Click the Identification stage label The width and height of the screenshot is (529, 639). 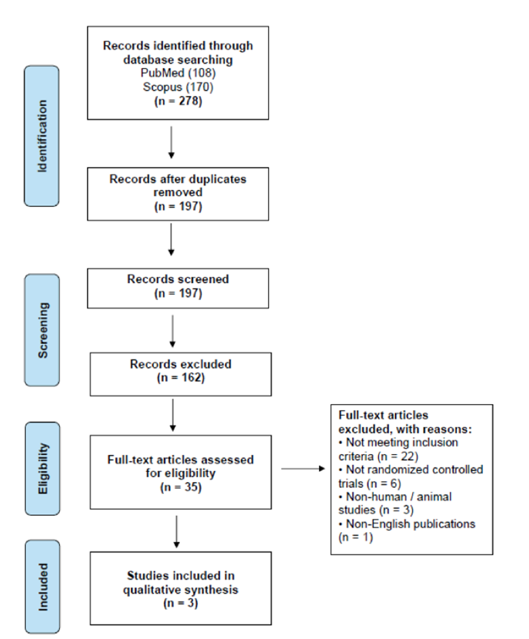point(42,136)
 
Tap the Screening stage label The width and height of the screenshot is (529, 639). point(42,330)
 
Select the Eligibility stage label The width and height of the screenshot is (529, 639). point(42,469)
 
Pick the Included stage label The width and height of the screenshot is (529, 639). point(42,587)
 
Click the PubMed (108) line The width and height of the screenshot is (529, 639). point(178,73)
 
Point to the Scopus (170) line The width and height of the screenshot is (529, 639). point(178,87)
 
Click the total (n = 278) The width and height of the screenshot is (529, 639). point(178,100)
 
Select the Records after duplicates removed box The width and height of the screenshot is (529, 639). point(178,194)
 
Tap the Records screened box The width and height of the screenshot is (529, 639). point(178,288)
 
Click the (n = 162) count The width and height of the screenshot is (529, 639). point(180,378)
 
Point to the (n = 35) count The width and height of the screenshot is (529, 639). point(180,487)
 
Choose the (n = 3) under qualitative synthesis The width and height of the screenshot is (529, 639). point(180,603)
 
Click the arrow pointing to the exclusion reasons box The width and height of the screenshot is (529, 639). point(303,469)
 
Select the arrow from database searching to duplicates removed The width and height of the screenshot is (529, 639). point(171,142)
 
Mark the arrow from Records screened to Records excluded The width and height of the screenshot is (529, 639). point(173,331)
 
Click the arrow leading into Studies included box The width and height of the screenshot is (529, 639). point(176,532)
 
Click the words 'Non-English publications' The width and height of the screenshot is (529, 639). point(411,524)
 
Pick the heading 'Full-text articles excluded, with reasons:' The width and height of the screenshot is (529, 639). point(405,422)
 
